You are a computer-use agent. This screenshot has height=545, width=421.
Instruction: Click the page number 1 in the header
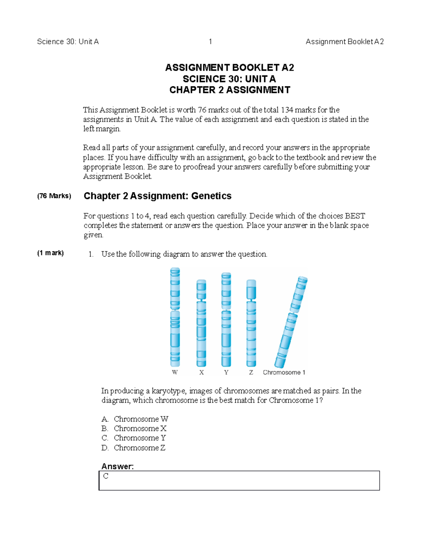coord(210,42)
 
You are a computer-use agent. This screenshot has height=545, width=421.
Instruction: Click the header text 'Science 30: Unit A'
coord(68,42)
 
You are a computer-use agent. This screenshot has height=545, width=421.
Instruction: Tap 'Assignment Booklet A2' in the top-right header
coord(345,42)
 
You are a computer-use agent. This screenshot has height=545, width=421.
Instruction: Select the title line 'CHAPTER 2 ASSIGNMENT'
coord(229,90)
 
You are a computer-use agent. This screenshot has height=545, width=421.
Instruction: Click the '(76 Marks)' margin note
coord(54,196)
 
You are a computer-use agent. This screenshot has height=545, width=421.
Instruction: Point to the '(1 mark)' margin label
coord(51,253)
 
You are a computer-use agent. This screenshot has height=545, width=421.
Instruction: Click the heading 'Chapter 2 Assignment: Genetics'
coord(158,196)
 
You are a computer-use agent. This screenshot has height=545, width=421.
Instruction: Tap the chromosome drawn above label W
coord(175,317)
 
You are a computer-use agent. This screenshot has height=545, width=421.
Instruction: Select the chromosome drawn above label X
coord(201,323)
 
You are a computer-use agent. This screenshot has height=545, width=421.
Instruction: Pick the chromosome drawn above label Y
coord(226,320)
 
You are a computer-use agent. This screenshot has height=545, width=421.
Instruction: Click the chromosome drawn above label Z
coord(251,323)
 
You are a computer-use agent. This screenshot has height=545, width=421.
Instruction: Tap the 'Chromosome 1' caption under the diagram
coord(284,372)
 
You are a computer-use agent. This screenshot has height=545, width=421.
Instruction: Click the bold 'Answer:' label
coord(118,466)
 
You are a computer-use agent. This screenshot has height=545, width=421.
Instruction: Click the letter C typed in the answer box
coord(106,476)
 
